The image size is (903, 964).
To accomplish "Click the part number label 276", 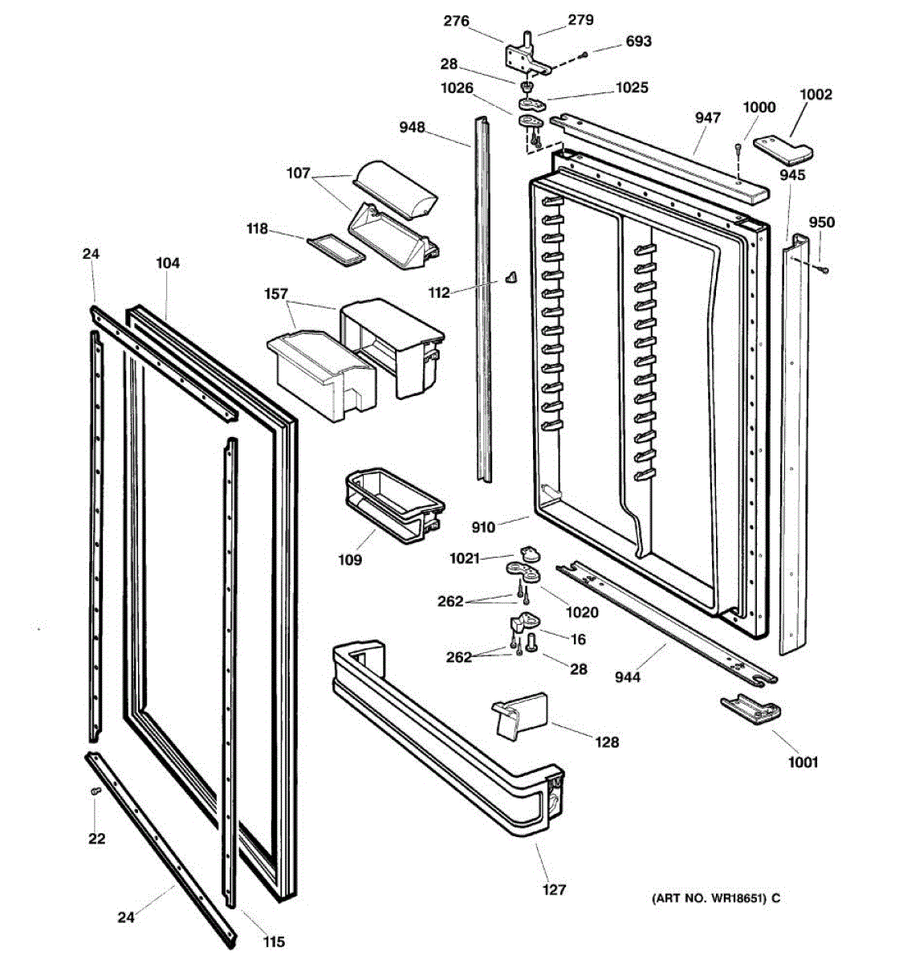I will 456,22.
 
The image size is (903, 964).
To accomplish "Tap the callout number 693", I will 638,41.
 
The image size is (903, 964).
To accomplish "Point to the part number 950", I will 821,223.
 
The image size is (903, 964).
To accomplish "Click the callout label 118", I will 257,229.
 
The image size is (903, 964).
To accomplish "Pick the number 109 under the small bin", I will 349,560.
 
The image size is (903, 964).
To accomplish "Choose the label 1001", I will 803,762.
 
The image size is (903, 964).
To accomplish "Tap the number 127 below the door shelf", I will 554,889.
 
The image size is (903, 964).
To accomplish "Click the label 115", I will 274,942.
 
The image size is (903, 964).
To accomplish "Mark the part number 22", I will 96,839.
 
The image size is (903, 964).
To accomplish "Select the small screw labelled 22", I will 95,792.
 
